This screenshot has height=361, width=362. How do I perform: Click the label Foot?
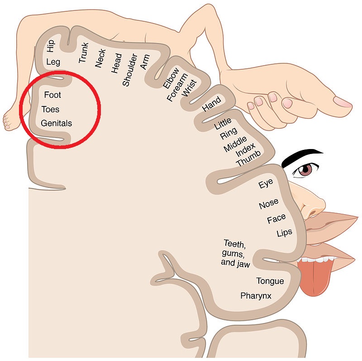pos(52,95)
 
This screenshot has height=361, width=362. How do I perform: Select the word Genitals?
pos(56,123)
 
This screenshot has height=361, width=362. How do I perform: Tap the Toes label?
pos(50,109)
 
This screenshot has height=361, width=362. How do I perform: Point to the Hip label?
pos(50,46)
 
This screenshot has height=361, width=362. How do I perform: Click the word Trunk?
pos(84,53)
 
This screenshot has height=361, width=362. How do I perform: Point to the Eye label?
pos(266,185)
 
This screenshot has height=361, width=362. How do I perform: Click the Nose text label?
pos(268,205)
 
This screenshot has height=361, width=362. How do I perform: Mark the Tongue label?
pos(270,281)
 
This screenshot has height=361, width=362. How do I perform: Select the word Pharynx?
pos(256,296)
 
